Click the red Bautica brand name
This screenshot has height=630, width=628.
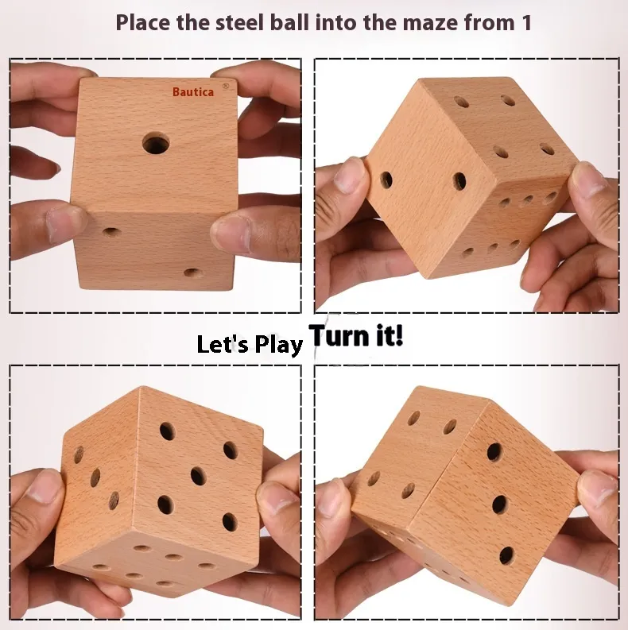click(193, 92)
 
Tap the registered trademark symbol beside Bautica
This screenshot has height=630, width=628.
click(226, 86)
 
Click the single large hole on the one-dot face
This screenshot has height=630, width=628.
click(156, 145)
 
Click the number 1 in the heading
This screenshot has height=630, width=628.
click(526, 23)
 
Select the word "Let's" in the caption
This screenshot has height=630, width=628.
click(223, 344)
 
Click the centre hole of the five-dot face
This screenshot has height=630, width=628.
click(198, 477)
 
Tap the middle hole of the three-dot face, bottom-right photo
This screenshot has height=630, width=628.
click(499, 504)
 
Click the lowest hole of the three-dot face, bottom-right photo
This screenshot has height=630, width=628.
click(506, 555)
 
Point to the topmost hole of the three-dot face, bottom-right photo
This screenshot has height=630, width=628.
click(494, 452)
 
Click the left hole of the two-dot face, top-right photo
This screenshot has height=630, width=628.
click(386, 180)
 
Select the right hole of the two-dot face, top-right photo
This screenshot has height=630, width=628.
click(459, 182)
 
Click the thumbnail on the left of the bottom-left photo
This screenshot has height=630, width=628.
click(46, 486)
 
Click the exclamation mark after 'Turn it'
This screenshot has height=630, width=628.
click(398, 335)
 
